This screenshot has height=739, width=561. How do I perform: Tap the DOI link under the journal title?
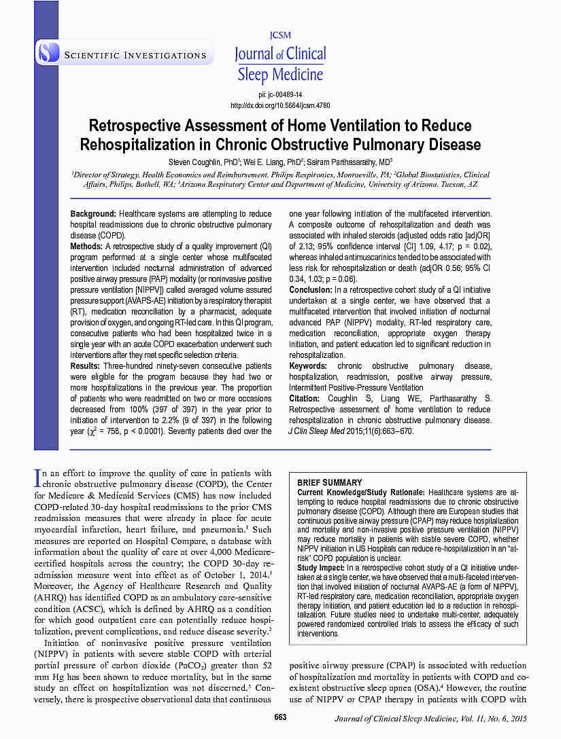tap(280, 105)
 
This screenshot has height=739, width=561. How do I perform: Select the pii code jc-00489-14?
tap(280, 94)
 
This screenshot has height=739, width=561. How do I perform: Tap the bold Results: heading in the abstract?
tap(86, 367)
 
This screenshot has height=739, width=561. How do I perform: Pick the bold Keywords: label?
tap(308, 366)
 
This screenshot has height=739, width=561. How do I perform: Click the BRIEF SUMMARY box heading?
tap(330, 483)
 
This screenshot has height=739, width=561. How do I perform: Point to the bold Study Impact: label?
tap(321, 566)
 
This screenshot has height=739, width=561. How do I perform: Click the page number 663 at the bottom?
tap(280, 719)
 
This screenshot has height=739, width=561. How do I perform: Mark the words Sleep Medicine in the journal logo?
tap(279, 74)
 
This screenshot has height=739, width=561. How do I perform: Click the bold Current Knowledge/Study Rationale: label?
tap(361, 492)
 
